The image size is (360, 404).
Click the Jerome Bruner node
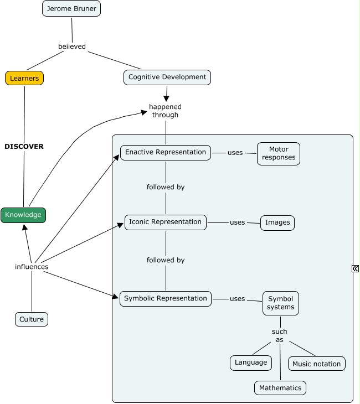(x=71, y=9)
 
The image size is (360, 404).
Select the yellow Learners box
(x=24, y=78)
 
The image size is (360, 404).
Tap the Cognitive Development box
(x=167, y=77)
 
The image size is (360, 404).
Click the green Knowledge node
(x=23, y=215)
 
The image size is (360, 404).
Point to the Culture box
(x=32, y=319)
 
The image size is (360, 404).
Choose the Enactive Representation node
(x=166, y=152)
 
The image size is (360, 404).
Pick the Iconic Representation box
(x=166, y=222)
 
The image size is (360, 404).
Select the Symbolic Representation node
(x=166, y=298)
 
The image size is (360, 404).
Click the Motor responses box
(x=279, y=153)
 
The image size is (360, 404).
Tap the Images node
(x=277, y=222)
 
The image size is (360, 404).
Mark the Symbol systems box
(x=280, y=303)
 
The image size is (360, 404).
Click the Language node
(x=251, y=362)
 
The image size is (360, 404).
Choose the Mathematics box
(x=280, y=387)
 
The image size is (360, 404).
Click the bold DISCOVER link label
(x=24, y=147)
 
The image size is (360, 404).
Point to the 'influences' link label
(x=32, y=267)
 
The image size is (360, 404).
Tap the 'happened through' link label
(x=165, y=111)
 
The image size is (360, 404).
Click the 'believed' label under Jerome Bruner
(x=72, y=46)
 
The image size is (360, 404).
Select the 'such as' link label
(x=280, y=335)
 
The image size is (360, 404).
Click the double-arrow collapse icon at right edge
(x=355, y=268)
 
